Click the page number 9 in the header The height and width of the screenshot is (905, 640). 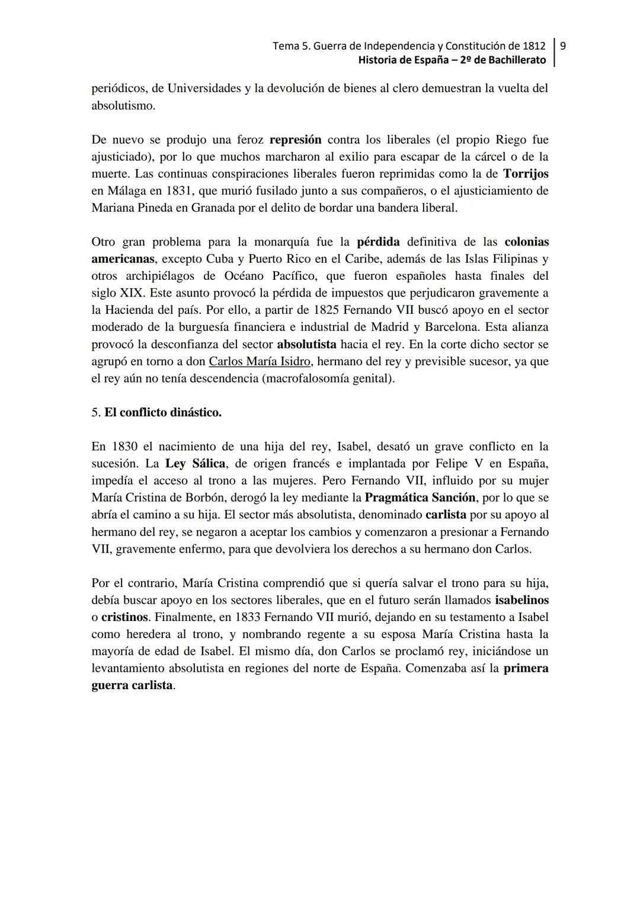pos(562,46)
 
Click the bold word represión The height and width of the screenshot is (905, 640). pos(295,140)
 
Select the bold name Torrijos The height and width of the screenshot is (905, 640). pos(526,174)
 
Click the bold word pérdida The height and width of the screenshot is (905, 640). pos(378,242)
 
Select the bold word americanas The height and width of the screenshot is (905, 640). pos(123,259)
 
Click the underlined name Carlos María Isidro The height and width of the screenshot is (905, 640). pos(260,361)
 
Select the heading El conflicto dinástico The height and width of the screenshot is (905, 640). pos(162,412)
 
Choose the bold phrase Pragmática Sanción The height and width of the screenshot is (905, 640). pos(420,498)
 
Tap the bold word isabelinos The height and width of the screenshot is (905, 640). pos(521,600)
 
